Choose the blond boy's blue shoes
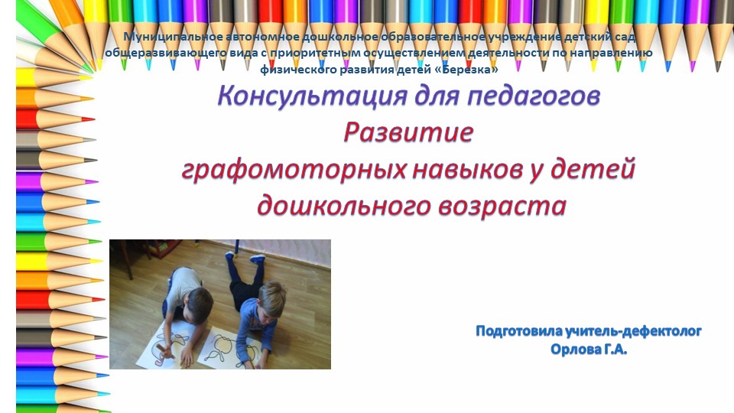click(256, 259)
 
